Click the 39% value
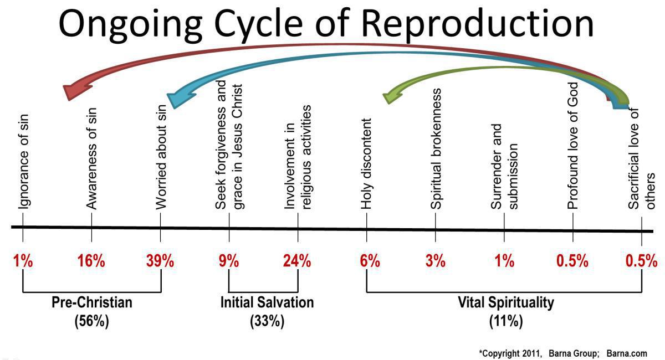point(160,261)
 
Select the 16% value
point(91,261)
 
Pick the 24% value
point(297,261)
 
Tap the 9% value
point(229,261)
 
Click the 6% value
point(366,261)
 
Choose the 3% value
point(435,261)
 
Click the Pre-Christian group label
point(92,303)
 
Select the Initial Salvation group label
point(267,303)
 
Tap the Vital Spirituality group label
point(505,303)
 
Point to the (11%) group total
point(505,321)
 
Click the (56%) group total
point(92,321)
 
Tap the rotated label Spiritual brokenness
point(436,148)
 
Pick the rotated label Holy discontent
point(366,163)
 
